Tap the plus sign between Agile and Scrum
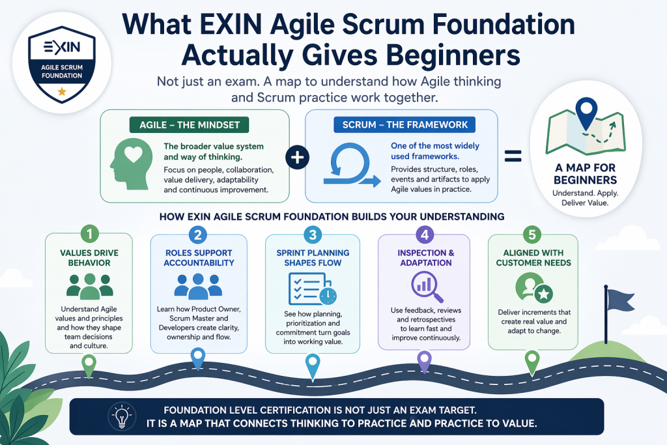pyautogui.click(x=297, y=157)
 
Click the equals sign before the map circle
pyautogui.click(x=513, y=157)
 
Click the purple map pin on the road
pyautogui.click(x=424, y=360)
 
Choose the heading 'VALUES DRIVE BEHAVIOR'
pyautogui.click(x=89, y=258)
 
